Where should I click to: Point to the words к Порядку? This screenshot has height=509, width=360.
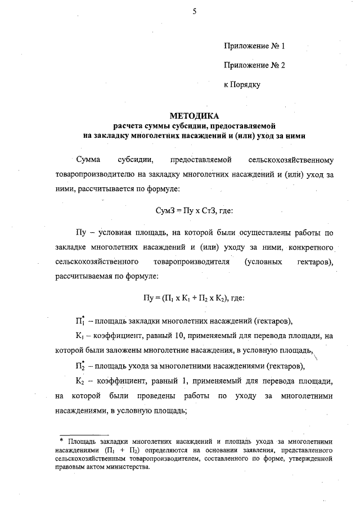coord(241,84)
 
